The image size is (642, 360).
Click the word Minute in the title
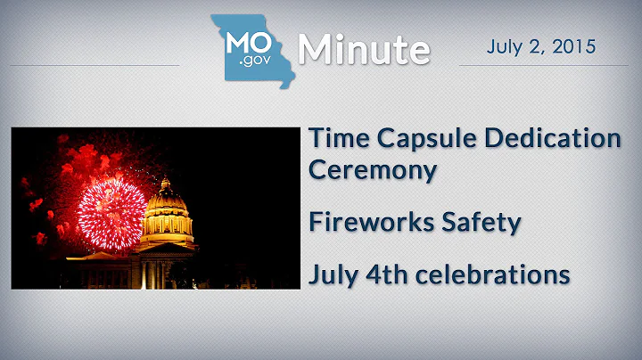[364, 50]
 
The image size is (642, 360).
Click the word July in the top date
[505, 45]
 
